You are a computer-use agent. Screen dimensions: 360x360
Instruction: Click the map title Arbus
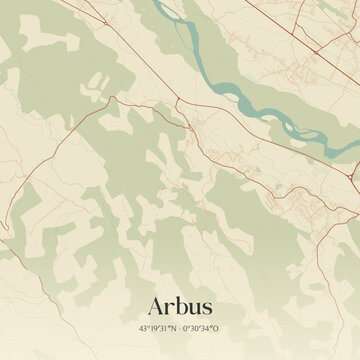(180, 305)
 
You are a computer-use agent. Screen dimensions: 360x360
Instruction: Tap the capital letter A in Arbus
(156, 305)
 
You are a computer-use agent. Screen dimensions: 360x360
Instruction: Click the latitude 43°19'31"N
(158, 328)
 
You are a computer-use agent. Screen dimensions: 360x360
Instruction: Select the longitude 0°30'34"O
(201, 328)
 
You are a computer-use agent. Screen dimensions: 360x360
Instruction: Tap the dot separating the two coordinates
(180, 328)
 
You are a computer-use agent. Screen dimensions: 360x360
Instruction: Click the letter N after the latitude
(174, 328)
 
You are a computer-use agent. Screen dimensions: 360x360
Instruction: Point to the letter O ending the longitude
(216, 328)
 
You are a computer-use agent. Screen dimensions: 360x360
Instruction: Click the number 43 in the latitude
(144, 328)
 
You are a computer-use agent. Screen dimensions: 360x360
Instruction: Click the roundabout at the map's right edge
(355, 180)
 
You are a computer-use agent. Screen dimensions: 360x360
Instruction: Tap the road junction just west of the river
(177, 103)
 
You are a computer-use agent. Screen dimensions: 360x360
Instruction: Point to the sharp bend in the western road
(114, 99)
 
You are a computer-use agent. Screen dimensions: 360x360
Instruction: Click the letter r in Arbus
(169, 307)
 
